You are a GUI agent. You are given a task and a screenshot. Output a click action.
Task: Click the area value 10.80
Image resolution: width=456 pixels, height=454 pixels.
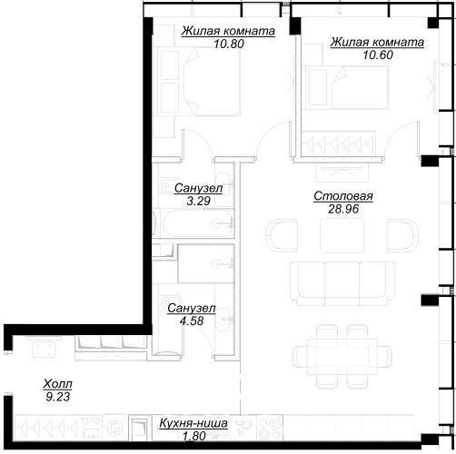(x=229, y=44)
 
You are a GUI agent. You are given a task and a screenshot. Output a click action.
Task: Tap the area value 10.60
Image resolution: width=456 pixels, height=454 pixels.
(x=378, y=54)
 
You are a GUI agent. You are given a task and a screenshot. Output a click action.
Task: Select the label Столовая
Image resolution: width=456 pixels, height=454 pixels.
(x=343, y=196)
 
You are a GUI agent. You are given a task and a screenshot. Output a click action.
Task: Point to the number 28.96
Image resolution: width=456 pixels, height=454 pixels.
(x=343, y=209)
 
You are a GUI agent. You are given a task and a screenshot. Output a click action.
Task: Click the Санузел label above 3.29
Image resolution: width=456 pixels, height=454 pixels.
(x=198, y=188)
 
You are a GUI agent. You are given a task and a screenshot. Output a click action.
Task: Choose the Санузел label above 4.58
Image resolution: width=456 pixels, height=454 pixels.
(x=192, y=309)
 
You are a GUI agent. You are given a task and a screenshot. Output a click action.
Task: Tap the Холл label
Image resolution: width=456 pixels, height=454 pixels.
(x=57, y=384)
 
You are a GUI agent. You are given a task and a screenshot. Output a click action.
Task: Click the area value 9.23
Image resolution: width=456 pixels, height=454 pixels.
(x=58, y=397)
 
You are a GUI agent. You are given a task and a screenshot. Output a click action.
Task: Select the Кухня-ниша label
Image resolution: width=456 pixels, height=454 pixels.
(x=193, y=423)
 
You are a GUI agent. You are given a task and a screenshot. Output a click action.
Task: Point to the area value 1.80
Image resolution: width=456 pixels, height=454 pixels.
(x=194, y=436)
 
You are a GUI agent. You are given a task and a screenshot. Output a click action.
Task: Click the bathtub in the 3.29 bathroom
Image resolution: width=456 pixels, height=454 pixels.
(x=198, y=223)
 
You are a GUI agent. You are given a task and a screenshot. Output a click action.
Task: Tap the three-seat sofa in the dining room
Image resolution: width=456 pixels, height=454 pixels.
(x=342, y=283)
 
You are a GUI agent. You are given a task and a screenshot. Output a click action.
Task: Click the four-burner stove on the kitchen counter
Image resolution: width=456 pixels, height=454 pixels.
(x=270, y=428)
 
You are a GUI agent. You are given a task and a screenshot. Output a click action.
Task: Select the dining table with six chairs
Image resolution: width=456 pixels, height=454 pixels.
(x=342, y=357)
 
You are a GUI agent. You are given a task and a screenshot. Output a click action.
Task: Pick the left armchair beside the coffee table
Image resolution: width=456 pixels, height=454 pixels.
(x=282, y=235)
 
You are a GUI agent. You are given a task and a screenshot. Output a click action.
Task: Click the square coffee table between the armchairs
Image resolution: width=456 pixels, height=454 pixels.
(x=342, y=235)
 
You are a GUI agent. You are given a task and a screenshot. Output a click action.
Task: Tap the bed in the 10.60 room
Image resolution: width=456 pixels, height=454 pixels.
(x=347, y=87)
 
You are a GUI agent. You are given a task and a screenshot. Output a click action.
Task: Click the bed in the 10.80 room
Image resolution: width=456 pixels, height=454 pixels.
(x=199, y=81)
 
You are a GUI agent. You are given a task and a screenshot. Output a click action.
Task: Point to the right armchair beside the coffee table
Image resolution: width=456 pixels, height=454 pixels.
(x=402, y=235)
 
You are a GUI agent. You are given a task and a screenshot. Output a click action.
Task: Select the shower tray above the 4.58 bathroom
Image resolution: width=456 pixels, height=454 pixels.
(x=206, y=263)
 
